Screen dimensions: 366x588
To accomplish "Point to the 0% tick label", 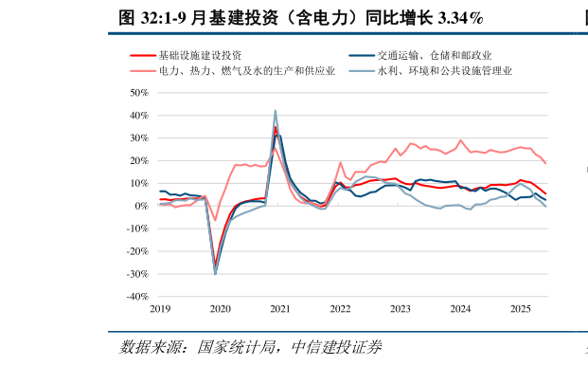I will coord(142,206).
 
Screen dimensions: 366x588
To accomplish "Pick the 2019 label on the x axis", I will coord(160,309).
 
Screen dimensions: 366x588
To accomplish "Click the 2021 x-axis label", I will coord(280,309).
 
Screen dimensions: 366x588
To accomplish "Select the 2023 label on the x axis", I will coord(401,309).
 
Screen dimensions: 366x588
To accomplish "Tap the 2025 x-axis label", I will coord(521,309).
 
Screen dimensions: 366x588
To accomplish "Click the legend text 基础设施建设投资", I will coord(200,56).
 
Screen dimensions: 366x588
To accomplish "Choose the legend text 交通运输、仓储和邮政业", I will coord(435,56).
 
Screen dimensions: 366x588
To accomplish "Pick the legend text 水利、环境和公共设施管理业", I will coord(445,70).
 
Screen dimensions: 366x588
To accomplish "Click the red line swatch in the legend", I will coord(142,56).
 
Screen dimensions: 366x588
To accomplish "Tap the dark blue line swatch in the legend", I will coord(361,56).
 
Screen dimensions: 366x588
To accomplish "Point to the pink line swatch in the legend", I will coord(142,70).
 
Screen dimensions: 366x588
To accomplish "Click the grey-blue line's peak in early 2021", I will coord(276,111).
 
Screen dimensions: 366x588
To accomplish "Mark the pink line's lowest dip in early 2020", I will coord(215,220).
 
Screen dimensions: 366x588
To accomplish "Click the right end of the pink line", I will coord(545,163).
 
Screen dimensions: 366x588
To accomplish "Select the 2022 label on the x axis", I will coord(341,309).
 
